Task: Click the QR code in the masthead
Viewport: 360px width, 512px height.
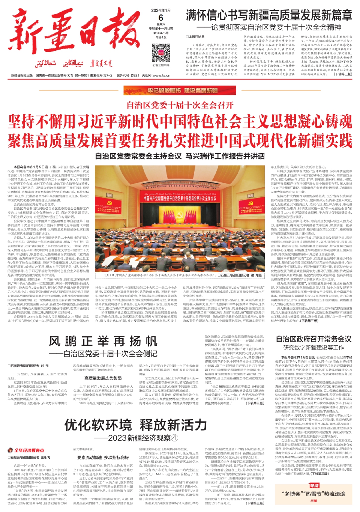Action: click(161, 53)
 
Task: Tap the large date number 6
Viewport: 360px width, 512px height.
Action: click(161, 18)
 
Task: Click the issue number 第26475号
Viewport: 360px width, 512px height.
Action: click(161, 33)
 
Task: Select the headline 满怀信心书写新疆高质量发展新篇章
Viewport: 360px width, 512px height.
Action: click(269, 15)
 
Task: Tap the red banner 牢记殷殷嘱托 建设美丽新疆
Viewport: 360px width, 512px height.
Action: click(180, 90)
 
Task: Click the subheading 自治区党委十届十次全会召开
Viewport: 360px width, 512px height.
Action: click(180, 105)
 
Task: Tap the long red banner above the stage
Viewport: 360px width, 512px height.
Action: click(180, 198)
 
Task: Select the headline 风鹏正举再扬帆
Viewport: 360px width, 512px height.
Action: click(103, 341)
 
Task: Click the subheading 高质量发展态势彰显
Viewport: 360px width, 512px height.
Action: click(103, 378)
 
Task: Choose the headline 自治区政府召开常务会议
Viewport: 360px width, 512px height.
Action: click(313, 339)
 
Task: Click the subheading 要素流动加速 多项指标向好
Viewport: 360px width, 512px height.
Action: click(103, 458)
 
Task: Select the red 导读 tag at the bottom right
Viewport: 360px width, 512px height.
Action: click(313, 485)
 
